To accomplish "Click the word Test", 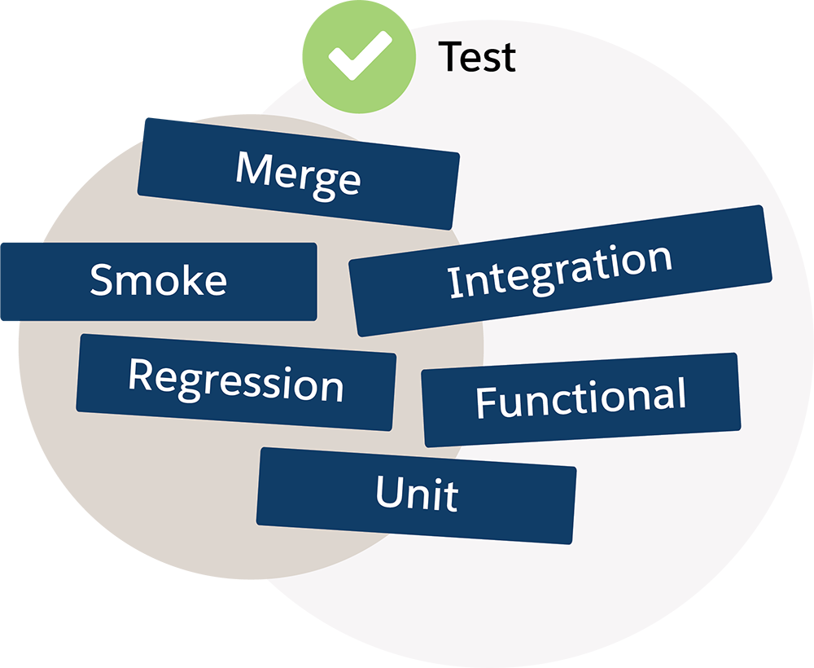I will (477, 57).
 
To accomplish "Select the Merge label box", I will (298, 176).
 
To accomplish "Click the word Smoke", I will (158, 279).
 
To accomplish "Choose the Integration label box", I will (561, 270).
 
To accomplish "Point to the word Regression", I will (236, 381).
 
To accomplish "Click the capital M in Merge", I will (252, 169).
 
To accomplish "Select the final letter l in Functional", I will (681, 393).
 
